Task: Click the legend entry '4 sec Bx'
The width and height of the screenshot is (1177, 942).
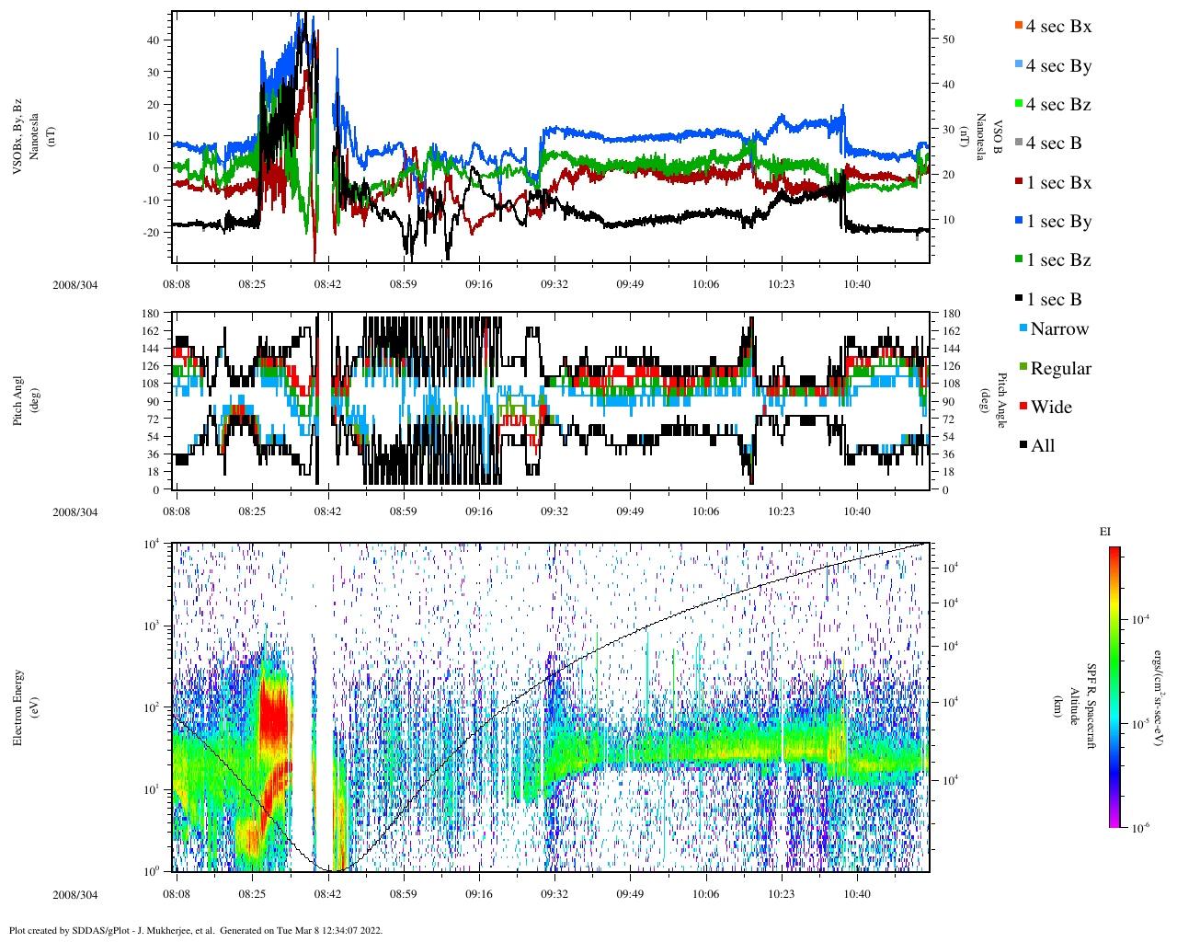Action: tap(1057, 27)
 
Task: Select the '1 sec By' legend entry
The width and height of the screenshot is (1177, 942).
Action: tap(1058, 222)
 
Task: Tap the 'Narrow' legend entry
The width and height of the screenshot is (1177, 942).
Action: tap(1058, 329)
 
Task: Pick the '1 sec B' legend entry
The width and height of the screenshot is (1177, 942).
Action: tap(1054, 300)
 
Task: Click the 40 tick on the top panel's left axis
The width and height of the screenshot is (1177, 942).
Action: tap(152, 40)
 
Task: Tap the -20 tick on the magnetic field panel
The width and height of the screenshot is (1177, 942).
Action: tap(150, 233)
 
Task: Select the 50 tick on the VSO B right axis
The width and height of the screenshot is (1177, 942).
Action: tap(947, 40)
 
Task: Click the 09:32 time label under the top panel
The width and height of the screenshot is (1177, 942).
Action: tap(554, 285)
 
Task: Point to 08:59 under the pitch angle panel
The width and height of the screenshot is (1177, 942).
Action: tap(403, 512)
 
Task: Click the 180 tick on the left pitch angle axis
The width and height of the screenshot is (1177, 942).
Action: tap(150, 315)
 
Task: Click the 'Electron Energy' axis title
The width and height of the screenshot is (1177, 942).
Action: tap(17, 706)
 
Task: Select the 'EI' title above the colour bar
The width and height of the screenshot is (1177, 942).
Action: tap(1105, 532)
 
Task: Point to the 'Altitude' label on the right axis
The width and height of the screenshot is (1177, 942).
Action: tap(1072, 706)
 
